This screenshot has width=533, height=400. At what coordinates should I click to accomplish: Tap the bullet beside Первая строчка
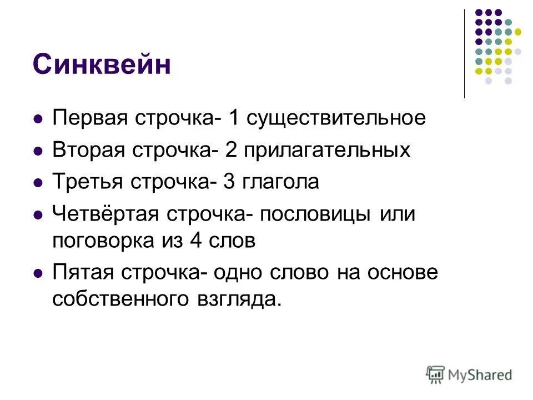38,119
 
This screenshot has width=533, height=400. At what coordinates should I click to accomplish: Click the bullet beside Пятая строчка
38,273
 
